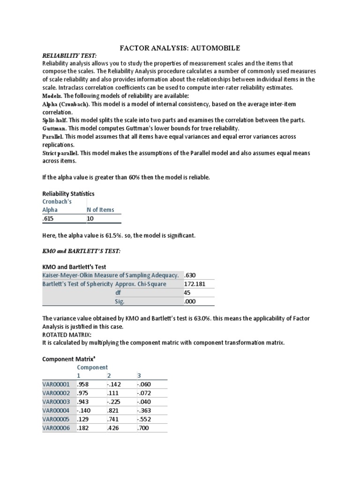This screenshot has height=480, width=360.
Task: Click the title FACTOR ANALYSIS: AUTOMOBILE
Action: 180,48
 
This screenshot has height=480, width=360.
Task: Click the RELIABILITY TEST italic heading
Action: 69,55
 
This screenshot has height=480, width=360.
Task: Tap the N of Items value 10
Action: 91,219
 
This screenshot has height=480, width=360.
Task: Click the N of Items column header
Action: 100,210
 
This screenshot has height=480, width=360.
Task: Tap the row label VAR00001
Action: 56,384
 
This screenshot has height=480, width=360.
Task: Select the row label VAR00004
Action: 56,411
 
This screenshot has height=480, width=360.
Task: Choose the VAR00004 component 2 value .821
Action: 113,411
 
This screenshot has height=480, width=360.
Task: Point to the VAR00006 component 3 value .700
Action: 143,428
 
